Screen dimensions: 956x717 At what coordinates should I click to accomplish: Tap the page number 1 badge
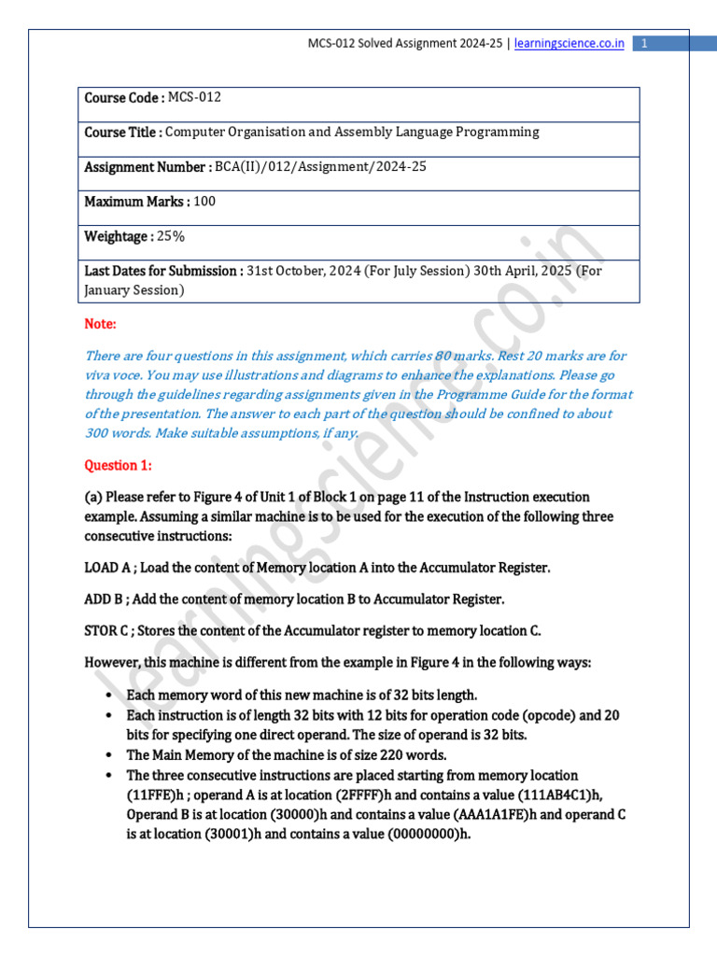(642, 44)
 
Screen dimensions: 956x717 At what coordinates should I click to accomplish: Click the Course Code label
(125, 98)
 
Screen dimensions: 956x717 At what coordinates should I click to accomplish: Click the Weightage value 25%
(171, 236)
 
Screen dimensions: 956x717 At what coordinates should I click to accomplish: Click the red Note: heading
(100, 324)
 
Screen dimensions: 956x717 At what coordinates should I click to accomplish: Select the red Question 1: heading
(118, 465)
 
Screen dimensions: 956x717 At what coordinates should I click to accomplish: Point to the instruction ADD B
(105, 598)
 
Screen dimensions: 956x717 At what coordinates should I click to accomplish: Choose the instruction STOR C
(108, 630)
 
